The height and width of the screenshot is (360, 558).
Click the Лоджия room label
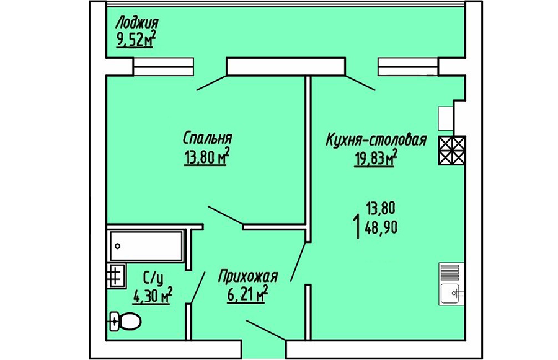(x=137, y=25)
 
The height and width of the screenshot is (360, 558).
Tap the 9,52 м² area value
(x=136, y=41)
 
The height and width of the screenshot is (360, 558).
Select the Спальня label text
(x=207, y=137)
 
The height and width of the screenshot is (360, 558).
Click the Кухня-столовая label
(x=376, y=139)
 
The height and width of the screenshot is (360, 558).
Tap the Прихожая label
(x=247, y=276)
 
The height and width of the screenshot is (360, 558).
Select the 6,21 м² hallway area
(x=247, y=296)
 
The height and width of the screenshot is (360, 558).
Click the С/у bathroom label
(x=153, y=278)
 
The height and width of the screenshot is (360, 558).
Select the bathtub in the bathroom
(x=146, y=246)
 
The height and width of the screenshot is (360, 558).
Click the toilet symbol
(x=125, y=321)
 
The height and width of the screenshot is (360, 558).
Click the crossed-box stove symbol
(x=451, y=151)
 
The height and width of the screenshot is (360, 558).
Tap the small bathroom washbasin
(x=116, y=275)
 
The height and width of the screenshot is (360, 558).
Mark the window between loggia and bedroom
(x=163, y=66)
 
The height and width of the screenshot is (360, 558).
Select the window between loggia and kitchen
(x=408, y=66)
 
